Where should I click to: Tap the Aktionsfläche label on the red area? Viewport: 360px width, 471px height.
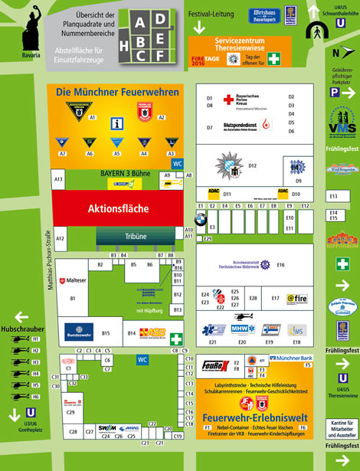118,208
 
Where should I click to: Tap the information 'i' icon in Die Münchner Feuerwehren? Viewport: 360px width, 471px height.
117,123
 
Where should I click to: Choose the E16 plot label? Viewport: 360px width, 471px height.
280,264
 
